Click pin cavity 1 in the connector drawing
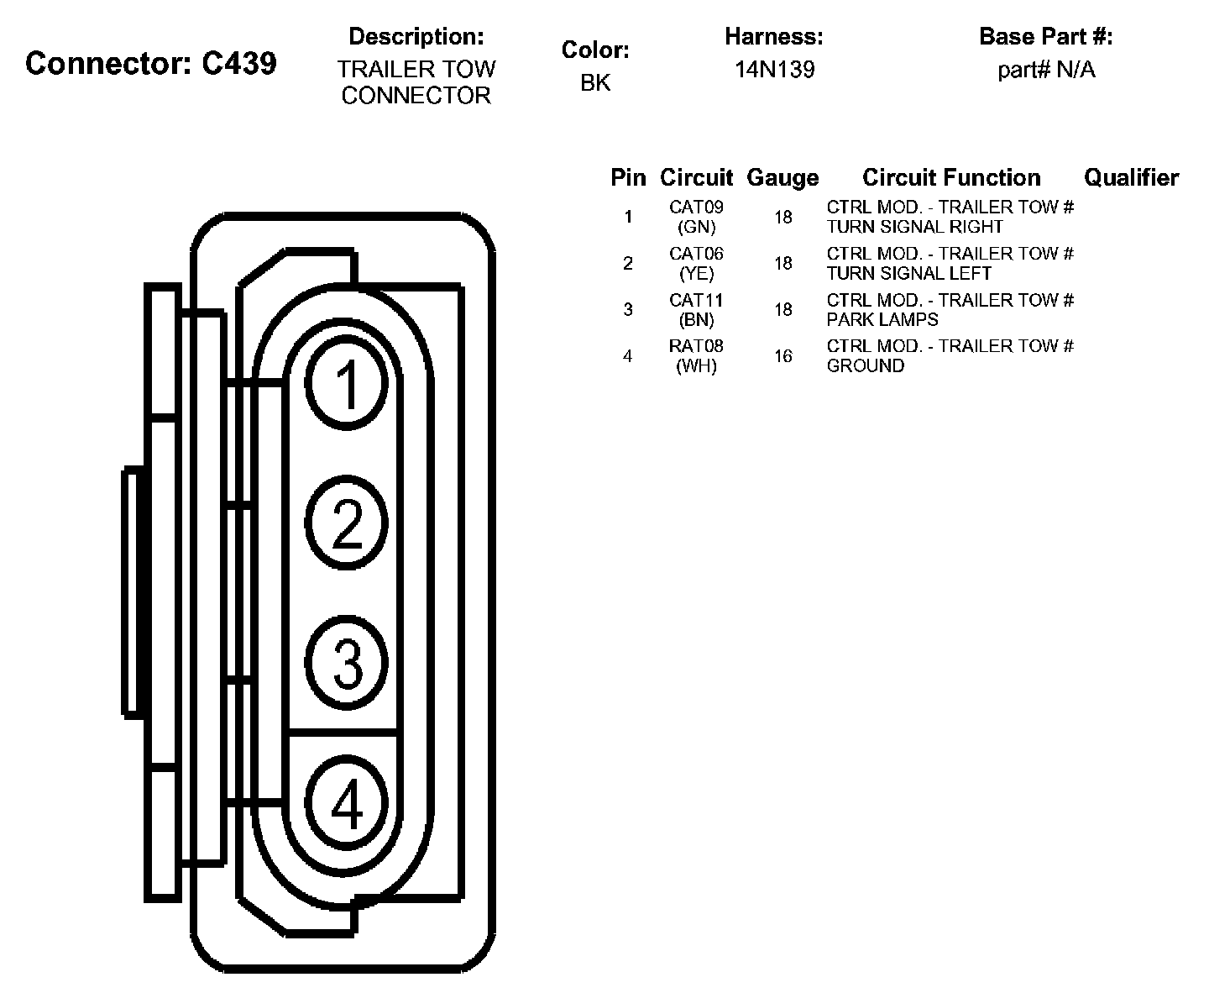pyautogui.click(x=347, y=384)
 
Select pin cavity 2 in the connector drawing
pyautogui.click(x=347, y=523)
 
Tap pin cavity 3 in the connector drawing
pyautogui.click(x=347, y=662)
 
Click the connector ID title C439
pyautogui.click(x=151, y=63)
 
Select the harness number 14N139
pyautogui.click(x=774, y=70)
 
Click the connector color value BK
pyautogui.click(x=595, y=82)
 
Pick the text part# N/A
pyautogui.click(x=1046, y=70)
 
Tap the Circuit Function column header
pyautogui.click(x=951, y=178)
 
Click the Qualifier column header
pyautogui.click(x=1131, y=178)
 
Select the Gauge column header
pyautogui.click(x=782, y=178)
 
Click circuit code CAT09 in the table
pyautogui.click(x=696, y=207)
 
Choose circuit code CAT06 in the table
pyautogui.click(x=696, y=254)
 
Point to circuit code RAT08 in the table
pyautogui.click(x=696, y=346)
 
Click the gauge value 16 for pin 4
pyautogui.click(x=783, y=356)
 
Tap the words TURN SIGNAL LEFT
pyautogui.click(x=909, y=273)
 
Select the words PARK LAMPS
pyautogui.click(x=882, y=319)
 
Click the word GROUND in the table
pyautogui.click(x=866, y=365)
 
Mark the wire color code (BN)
pyautogui.click(x=696, y=320)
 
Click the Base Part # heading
pyautogui.click(x=1046, y=37)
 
